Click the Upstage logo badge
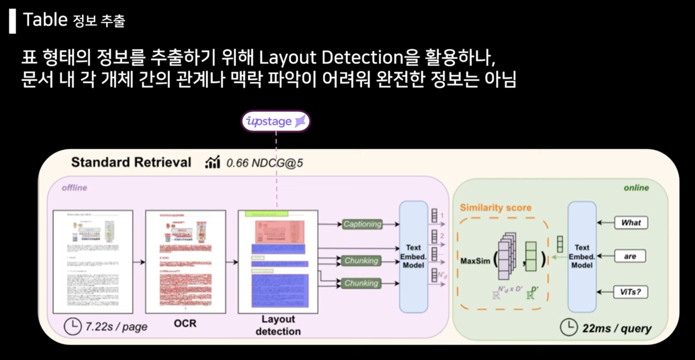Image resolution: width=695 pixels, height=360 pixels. point(276,121)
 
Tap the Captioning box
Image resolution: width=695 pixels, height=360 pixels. point(362,224)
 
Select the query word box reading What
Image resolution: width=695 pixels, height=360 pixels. point(631,223)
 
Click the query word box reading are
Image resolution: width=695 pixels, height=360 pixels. point(630,256)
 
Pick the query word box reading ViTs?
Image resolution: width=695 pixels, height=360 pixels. point(630,292)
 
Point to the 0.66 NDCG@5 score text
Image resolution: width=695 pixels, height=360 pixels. point(265,163)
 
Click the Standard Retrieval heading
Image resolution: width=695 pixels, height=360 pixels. point(131,162)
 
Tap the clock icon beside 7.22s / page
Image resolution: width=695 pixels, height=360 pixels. point(73,326)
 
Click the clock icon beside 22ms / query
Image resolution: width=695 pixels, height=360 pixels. point(568,327)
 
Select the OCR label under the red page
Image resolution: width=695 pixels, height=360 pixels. point(185,323)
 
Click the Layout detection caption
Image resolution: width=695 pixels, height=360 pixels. point(278,325)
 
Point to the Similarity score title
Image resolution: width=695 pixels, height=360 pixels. point(495,208)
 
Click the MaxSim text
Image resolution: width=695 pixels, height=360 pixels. point(475,261)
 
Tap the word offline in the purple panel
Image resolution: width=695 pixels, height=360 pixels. point(74,188)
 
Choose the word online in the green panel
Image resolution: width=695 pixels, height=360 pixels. point(636,188)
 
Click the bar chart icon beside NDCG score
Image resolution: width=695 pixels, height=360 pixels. point(212,162)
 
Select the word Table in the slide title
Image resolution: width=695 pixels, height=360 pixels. point(45,20)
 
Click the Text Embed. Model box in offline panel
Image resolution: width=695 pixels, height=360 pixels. point(413,256)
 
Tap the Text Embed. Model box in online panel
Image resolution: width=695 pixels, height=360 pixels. point(582,256)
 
